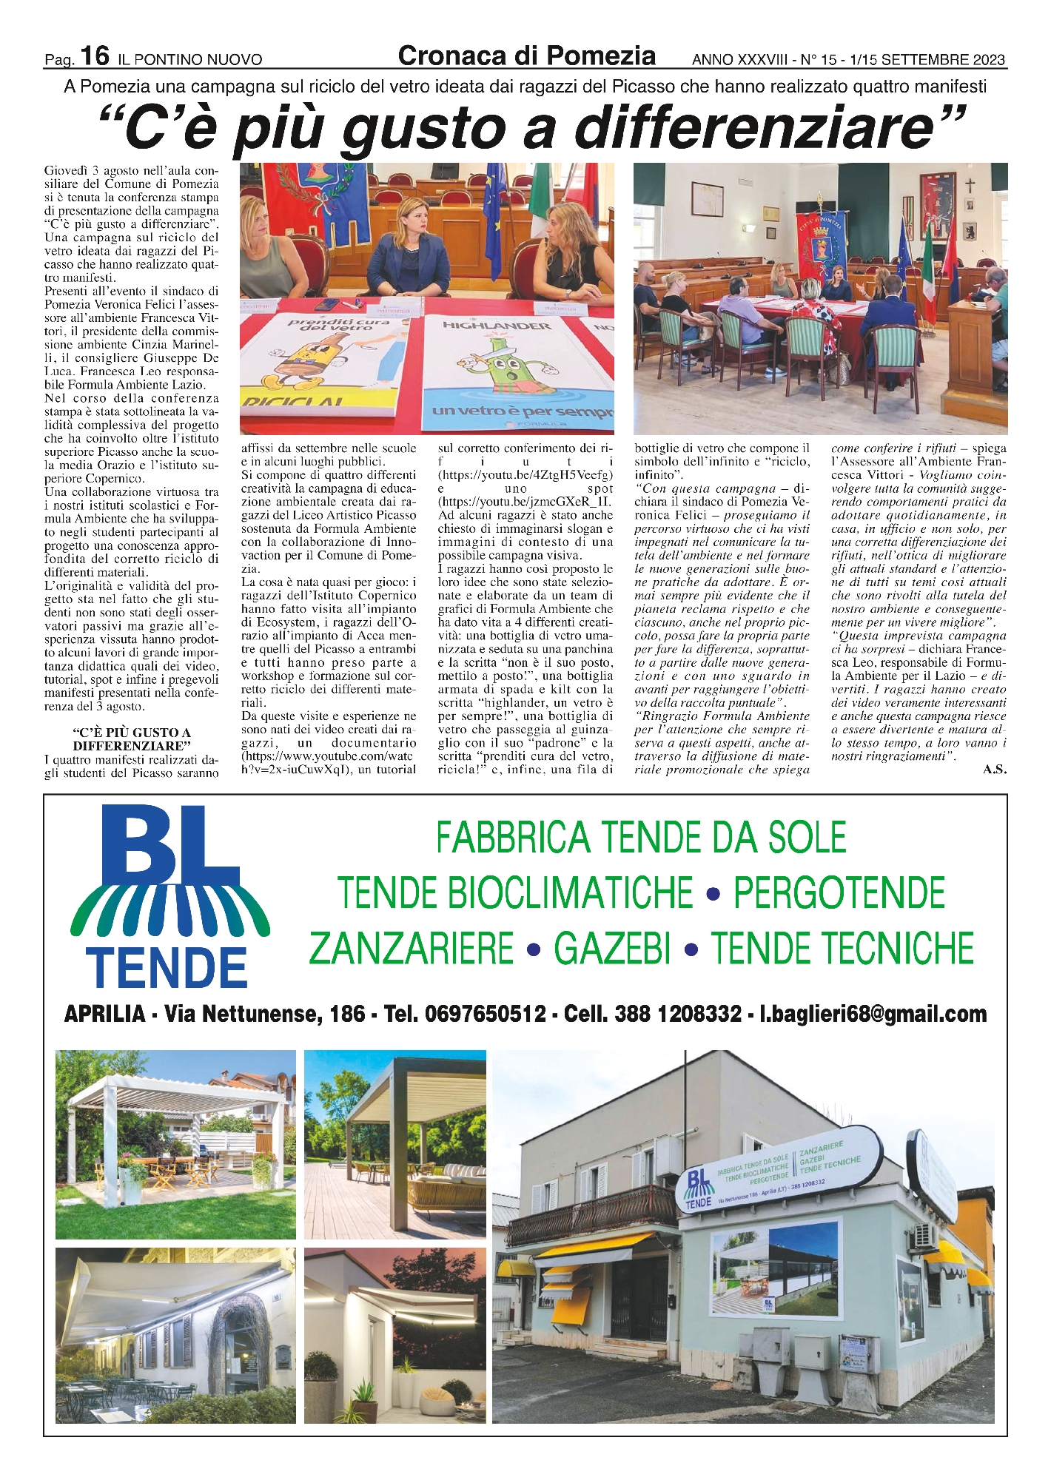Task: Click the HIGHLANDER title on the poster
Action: [497, 326]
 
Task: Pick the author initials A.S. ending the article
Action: [994, 770]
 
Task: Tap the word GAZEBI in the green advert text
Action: [612, 949]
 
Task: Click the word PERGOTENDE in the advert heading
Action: [839, 893]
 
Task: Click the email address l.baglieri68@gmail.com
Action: [873, 1014]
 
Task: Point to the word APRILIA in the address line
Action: [104, 1014]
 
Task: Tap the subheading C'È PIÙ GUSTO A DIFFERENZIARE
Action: [132, 739]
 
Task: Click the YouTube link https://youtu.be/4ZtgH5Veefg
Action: [525, 475]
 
